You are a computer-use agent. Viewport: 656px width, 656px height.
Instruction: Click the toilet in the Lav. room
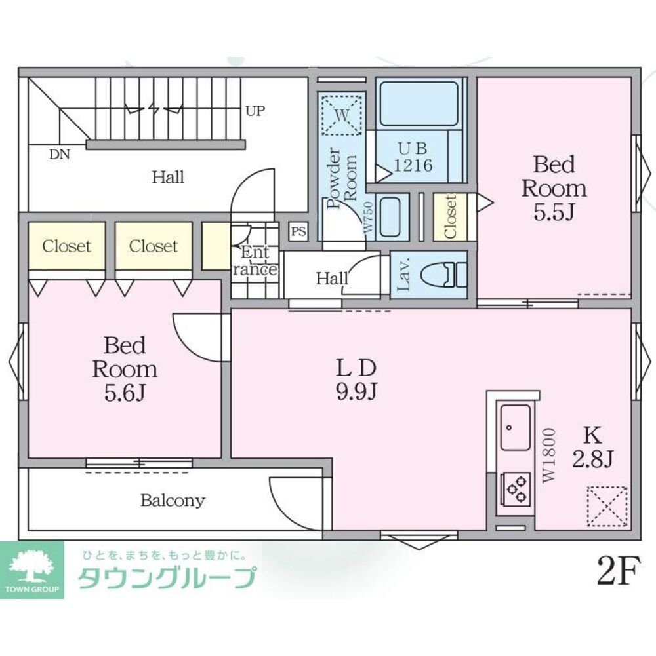click(443, 275)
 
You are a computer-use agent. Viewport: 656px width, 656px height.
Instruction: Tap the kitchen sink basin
click(515, 427)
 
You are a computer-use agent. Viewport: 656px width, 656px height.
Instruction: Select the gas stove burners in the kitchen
click(516, 488)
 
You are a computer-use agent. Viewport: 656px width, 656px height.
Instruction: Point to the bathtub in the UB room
click(419, 104)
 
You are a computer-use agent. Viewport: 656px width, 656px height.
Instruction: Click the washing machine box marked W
click(341, 114)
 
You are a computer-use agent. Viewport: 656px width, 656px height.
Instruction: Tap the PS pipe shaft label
click(298, 231)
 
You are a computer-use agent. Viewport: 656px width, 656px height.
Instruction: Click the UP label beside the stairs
click(255, 111)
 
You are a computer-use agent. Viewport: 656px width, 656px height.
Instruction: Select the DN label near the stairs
click(60, 155)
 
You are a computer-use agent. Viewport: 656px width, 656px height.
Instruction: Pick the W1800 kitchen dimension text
click(549, 456)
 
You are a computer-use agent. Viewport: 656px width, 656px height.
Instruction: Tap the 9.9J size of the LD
click(356, 392)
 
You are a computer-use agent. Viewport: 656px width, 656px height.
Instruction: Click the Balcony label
click(173, 500)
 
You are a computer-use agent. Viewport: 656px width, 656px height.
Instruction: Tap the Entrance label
click(255, 261)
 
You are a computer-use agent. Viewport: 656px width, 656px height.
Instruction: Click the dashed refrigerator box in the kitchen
click(607, 506)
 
